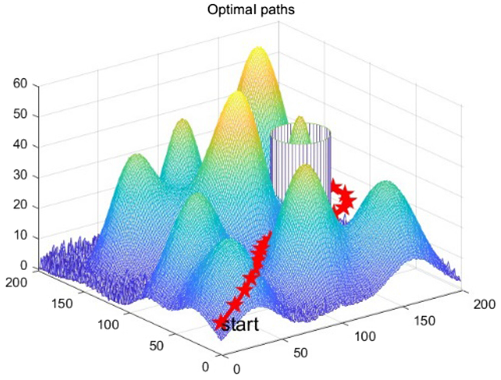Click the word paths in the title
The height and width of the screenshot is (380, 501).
coord(278,10)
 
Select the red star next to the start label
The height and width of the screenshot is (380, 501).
coord(219,322)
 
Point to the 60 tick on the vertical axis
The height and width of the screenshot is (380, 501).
coord(20,84)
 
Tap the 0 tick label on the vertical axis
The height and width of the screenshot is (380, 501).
coord(24,266)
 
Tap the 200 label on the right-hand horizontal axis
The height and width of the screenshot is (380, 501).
coord(484,304)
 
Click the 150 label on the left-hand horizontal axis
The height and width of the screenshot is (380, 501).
coord(62,303)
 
